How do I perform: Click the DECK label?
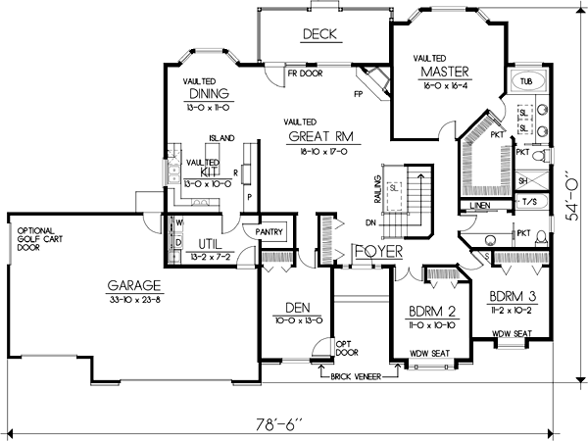point(319,34)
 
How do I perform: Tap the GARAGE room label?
point(127,286)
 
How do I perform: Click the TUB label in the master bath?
point(526,80)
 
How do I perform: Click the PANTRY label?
point(269,232)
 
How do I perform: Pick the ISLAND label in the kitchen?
point(221,139)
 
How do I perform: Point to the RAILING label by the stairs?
point(375,186)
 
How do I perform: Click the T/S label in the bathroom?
point(528,202)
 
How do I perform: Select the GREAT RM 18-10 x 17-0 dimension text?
point(320,152)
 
